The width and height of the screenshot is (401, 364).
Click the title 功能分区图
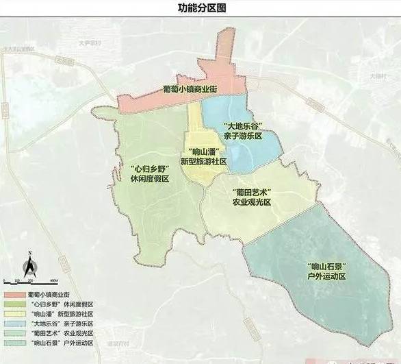[200, 8]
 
